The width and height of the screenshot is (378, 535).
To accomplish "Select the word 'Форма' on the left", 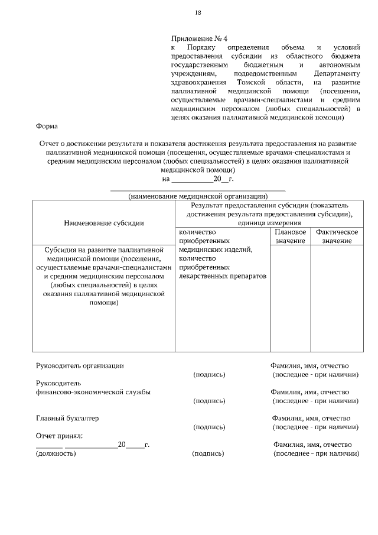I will point(47,126).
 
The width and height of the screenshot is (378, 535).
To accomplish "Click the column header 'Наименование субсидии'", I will point(104,223).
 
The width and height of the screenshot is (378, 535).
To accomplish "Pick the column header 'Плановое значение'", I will point(290,236).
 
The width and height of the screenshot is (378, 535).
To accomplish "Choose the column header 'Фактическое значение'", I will point(337,236).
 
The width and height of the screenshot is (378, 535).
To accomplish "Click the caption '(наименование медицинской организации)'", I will point(198,196).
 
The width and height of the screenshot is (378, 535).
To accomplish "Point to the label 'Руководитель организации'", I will point(80,366).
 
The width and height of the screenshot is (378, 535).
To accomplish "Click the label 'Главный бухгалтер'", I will point(67,418).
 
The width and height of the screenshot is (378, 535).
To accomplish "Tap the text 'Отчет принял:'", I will point(60,436).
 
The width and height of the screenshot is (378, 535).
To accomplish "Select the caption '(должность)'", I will point(56,453).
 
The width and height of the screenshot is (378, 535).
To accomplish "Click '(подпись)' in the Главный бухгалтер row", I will point(209,427).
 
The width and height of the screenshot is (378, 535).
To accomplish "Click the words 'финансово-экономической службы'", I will point(93,392).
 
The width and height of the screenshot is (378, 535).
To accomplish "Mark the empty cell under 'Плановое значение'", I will point(290,299).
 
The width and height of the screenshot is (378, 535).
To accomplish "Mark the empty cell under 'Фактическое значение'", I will point(337,299).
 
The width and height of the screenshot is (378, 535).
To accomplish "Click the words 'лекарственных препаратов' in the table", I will point(223,276).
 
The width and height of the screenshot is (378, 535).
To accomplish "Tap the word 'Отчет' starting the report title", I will point(50,144).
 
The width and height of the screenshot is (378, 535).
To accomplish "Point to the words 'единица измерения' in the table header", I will point(270,223).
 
